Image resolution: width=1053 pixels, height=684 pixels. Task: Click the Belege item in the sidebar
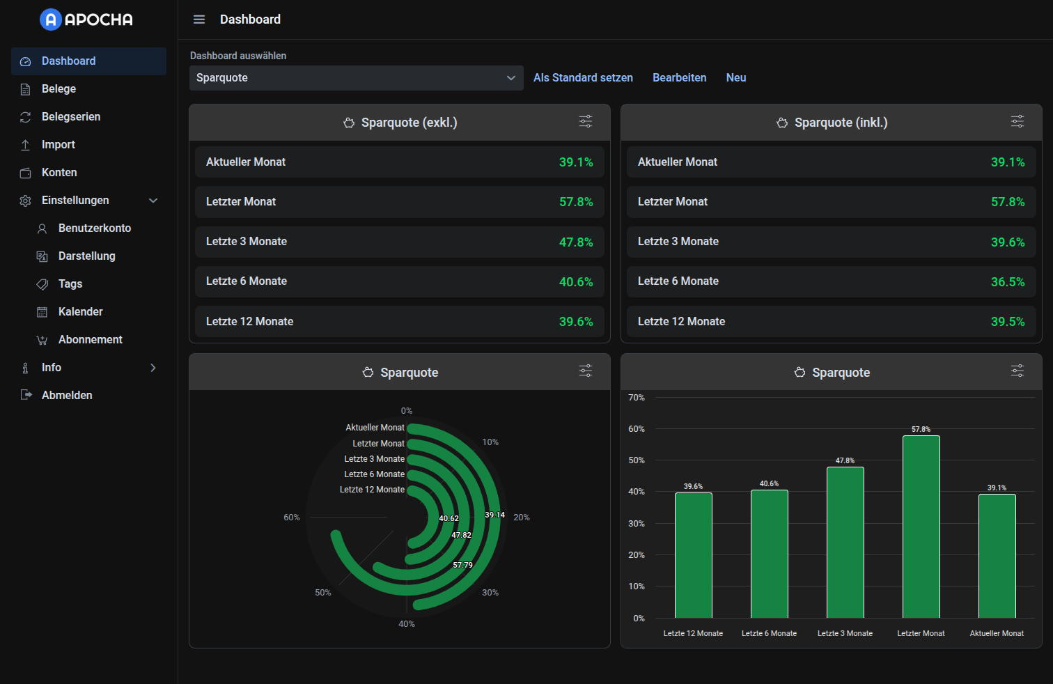[x=58, y=88]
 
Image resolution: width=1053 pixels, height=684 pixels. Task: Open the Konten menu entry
[x=59, y=172]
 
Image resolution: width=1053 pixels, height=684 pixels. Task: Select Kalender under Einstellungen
[x=80, y=311]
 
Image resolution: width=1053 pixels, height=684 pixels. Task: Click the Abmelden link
[x=66, y=395]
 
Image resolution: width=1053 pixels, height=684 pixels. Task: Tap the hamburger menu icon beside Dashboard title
[x=199, y=20]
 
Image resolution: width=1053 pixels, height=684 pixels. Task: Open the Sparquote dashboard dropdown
[x=356, y=78]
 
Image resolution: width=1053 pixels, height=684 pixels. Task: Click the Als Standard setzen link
[x=583, y=78]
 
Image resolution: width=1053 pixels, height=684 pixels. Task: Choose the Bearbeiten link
[x=679, y=78]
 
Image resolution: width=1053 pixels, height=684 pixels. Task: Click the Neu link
[x=735, y=78]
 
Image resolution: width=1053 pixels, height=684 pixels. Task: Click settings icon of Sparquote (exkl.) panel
[x=586, y=122]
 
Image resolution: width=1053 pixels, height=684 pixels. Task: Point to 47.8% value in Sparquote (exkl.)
[x=576, y=242]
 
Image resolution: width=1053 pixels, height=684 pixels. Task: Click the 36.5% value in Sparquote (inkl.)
[x=1007, y=281]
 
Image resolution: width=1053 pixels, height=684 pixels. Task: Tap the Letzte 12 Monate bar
[x=693, y=554]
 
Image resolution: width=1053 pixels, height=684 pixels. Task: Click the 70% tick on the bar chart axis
[x=637, y=398]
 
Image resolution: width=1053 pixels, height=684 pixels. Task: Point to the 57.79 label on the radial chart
[x=462, y=565]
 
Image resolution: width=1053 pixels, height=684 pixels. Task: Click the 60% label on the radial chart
[x=292, y=518]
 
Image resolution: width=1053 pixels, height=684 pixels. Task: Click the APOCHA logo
[x=86, y=20]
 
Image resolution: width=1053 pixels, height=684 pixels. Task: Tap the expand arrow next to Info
[x=153, y=367]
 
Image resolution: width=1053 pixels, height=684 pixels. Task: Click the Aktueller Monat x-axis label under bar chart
[x=997, y=633]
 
